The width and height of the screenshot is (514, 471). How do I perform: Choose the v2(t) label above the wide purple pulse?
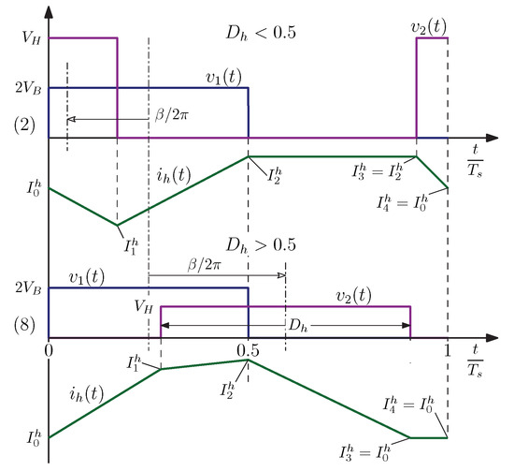pyautogui.click(x=350, y=295)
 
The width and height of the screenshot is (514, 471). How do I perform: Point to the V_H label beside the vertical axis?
pyautogui.click(x=21, y=38)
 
